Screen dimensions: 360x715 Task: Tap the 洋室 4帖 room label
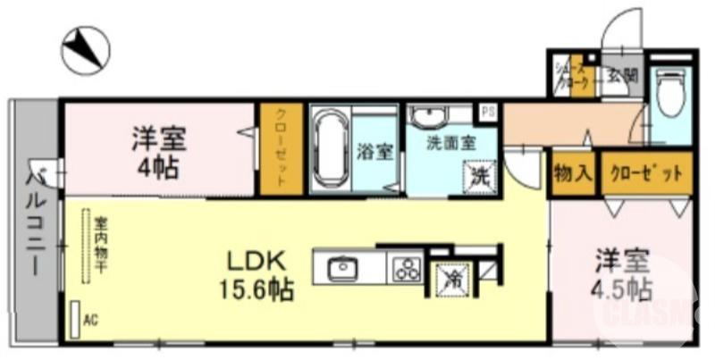(159, 152)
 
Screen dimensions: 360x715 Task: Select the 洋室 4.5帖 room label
(623, 273)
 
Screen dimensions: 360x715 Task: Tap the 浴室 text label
(374, 151)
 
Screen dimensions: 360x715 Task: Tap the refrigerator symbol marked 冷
(452, 277)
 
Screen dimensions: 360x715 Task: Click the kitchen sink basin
(341, 268)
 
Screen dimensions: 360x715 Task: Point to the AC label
(90, 319)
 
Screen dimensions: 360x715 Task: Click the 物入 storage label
(572, 172)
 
